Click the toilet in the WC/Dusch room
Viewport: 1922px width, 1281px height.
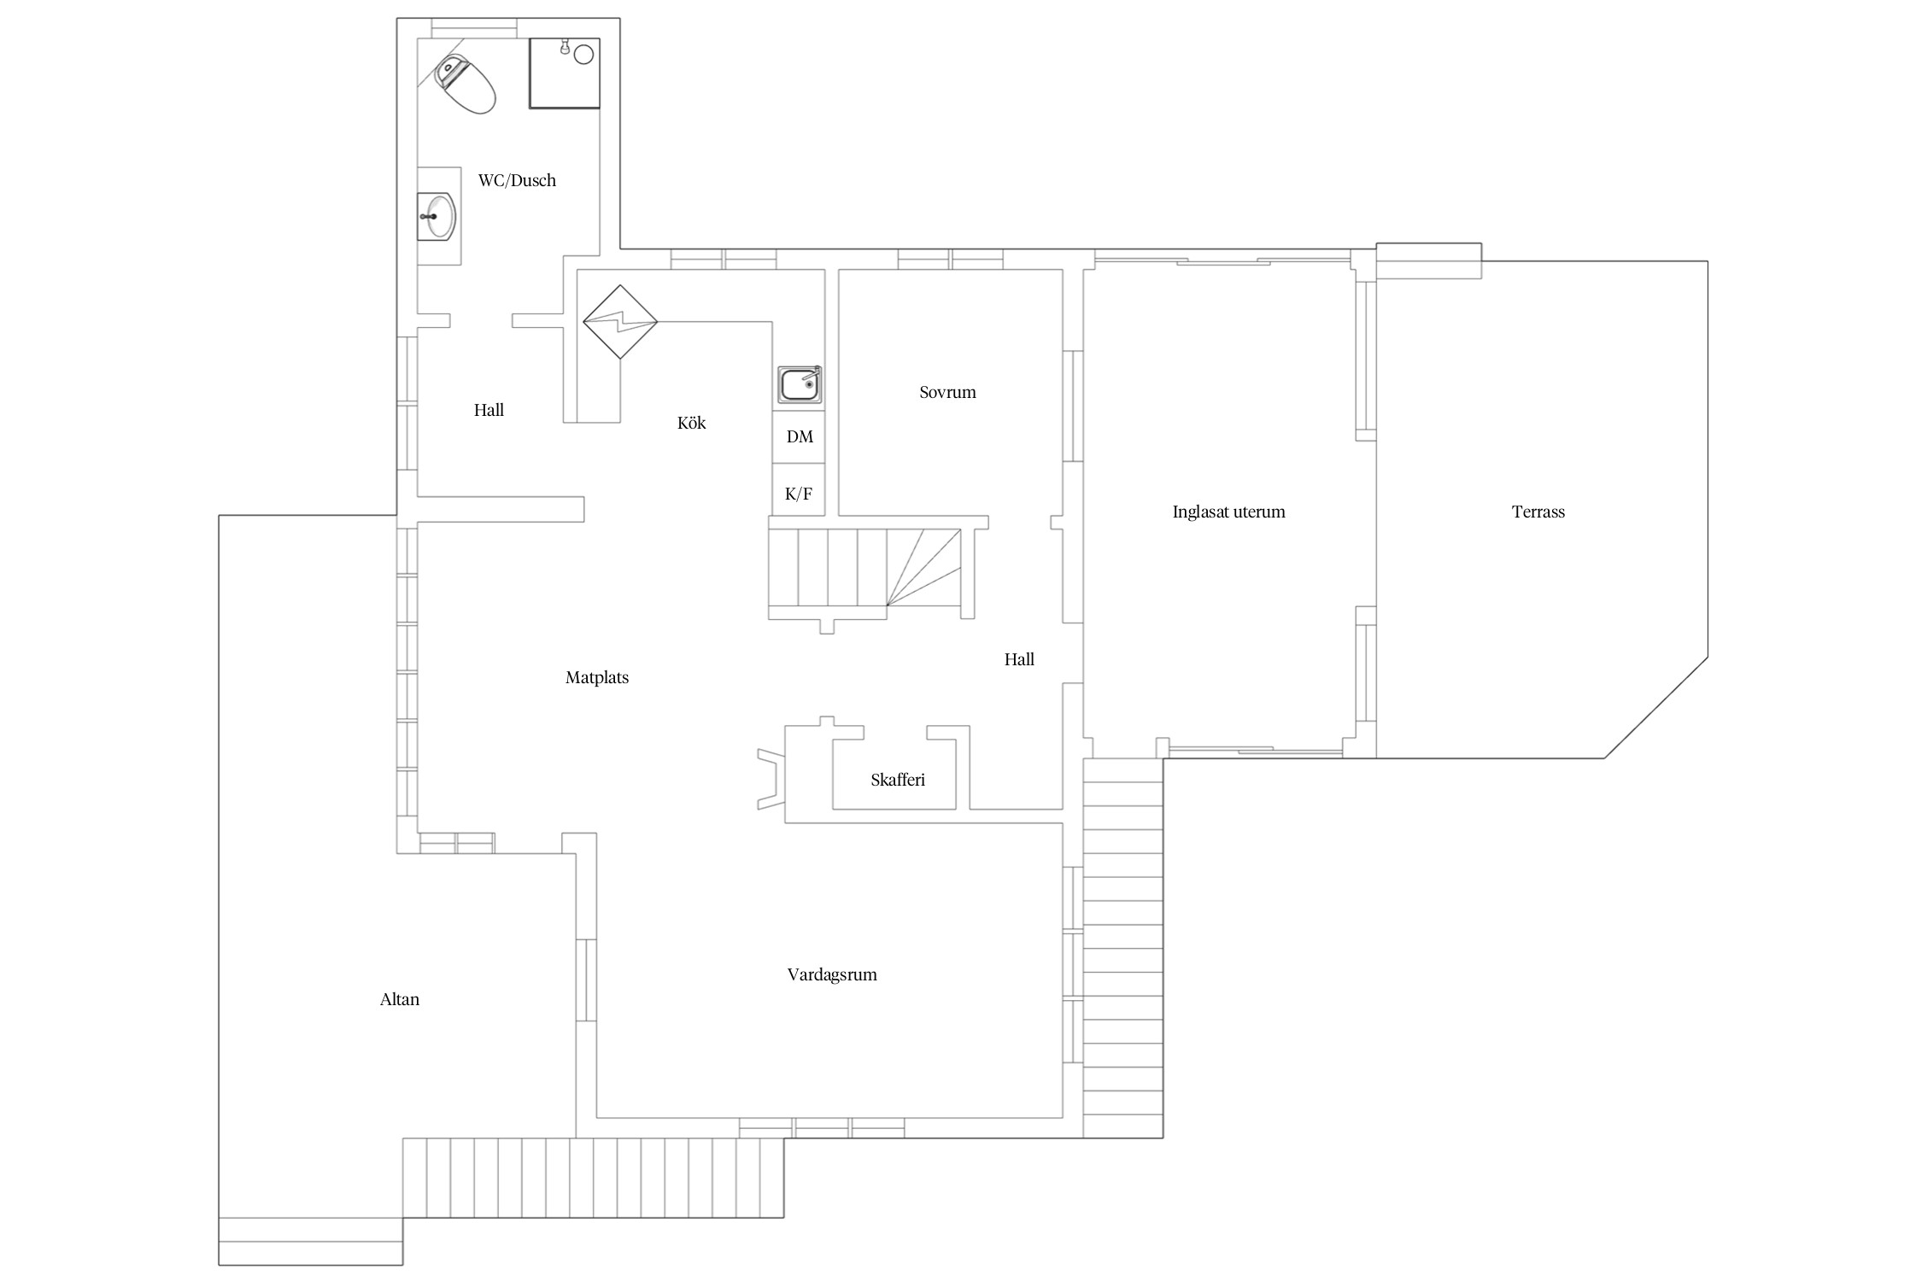coord(466,85)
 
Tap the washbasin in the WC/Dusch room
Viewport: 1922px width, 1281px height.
coord(438,217)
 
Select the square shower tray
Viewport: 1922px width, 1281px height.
coord(565,73)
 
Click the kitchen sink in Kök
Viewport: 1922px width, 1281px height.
coord(800,384)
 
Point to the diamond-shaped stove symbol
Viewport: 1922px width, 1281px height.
coord(620,322)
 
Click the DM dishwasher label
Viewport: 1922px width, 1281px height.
coord(800,437)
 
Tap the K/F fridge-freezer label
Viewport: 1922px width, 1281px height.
coord(799,494)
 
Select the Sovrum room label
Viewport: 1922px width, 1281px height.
coord(947,393)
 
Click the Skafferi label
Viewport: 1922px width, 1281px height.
coord(898,780)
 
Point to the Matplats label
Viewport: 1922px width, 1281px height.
coord(597,678)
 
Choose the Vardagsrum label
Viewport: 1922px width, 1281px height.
coord(832,974)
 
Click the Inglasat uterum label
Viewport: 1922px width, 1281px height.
coord(1228,512)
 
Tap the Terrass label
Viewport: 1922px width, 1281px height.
coord(1538,512)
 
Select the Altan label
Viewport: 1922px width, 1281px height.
coord(400,999)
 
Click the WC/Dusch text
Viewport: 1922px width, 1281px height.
coord(517,180)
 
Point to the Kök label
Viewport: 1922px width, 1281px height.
coord(692,423)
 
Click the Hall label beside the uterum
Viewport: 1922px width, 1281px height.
coord(1019,659)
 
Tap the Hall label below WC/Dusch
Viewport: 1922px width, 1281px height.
coord(489,410)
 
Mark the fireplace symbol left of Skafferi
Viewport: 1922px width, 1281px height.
coord(771,779)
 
